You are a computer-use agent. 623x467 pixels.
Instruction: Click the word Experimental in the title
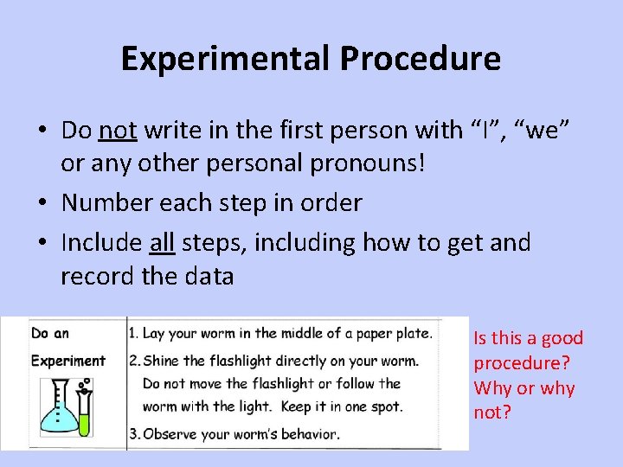(x=225, y=59)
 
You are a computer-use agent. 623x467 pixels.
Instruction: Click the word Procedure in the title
(x=420, y=59)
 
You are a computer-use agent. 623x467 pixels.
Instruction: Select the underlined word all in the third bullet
(x=162, y=243)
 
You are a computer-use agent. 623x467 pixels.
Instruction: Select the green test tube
(x=84, y=413)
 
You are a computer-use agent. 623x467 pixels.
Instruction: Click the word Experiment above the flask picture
(x=67, y=361)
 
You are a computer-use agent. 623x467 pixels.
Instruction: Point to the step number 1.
(x=132, y=333)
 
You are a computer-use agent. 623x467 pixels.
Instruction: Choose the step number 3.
(x=132, y=434)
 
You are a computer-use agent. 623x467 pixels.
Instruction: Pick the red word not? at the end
(x=492, y=413)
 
